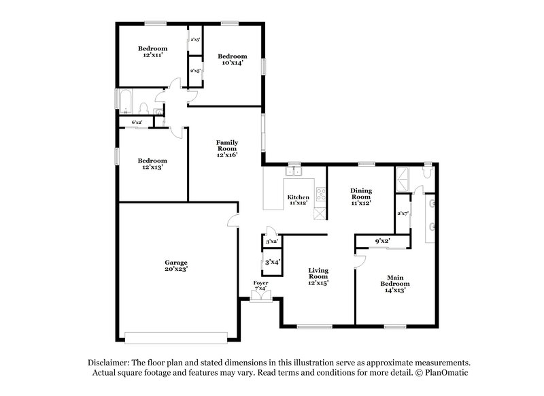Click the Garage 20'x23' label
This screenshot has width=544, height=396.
[x=175, y=265]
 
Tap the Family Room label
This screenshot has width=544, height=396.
[x=226, y=148]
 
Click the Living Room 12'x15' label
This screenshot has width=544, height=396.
[x=318, y=277]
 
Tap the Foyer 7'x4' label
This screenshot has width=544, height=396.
[x=260, y=286]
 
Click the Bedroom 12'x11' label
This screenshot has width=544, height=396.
[x=152, y=52]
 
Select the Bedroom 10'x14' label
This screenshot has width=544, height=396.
[x=232, y=59]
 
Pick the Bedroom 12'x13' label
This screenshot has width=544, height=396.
[x=152, y=163]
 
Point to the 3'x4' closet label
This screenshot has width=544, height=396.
[x=271, y=261]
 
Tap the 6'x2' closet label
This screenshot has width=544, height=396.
[x=136, y=122]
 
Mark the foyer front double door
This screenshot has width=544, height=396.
[x=260, y=297]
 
